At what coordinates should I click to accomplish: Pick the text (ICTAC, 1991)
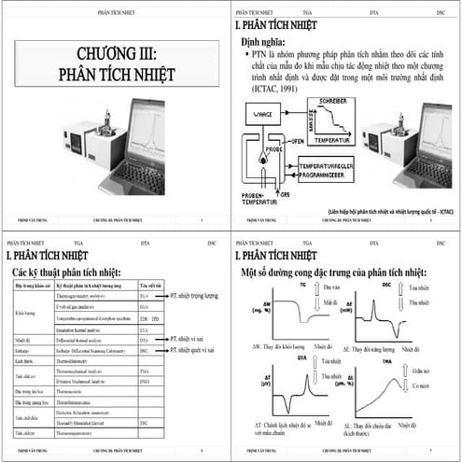pyautogui.click(x=276, y=89)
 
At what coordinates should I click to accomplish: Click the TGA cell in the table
pyautogui.click(x=144, y=295)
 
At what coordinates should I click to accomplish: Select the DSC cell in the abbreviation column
pyautogui.click(x=144, y=350)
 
